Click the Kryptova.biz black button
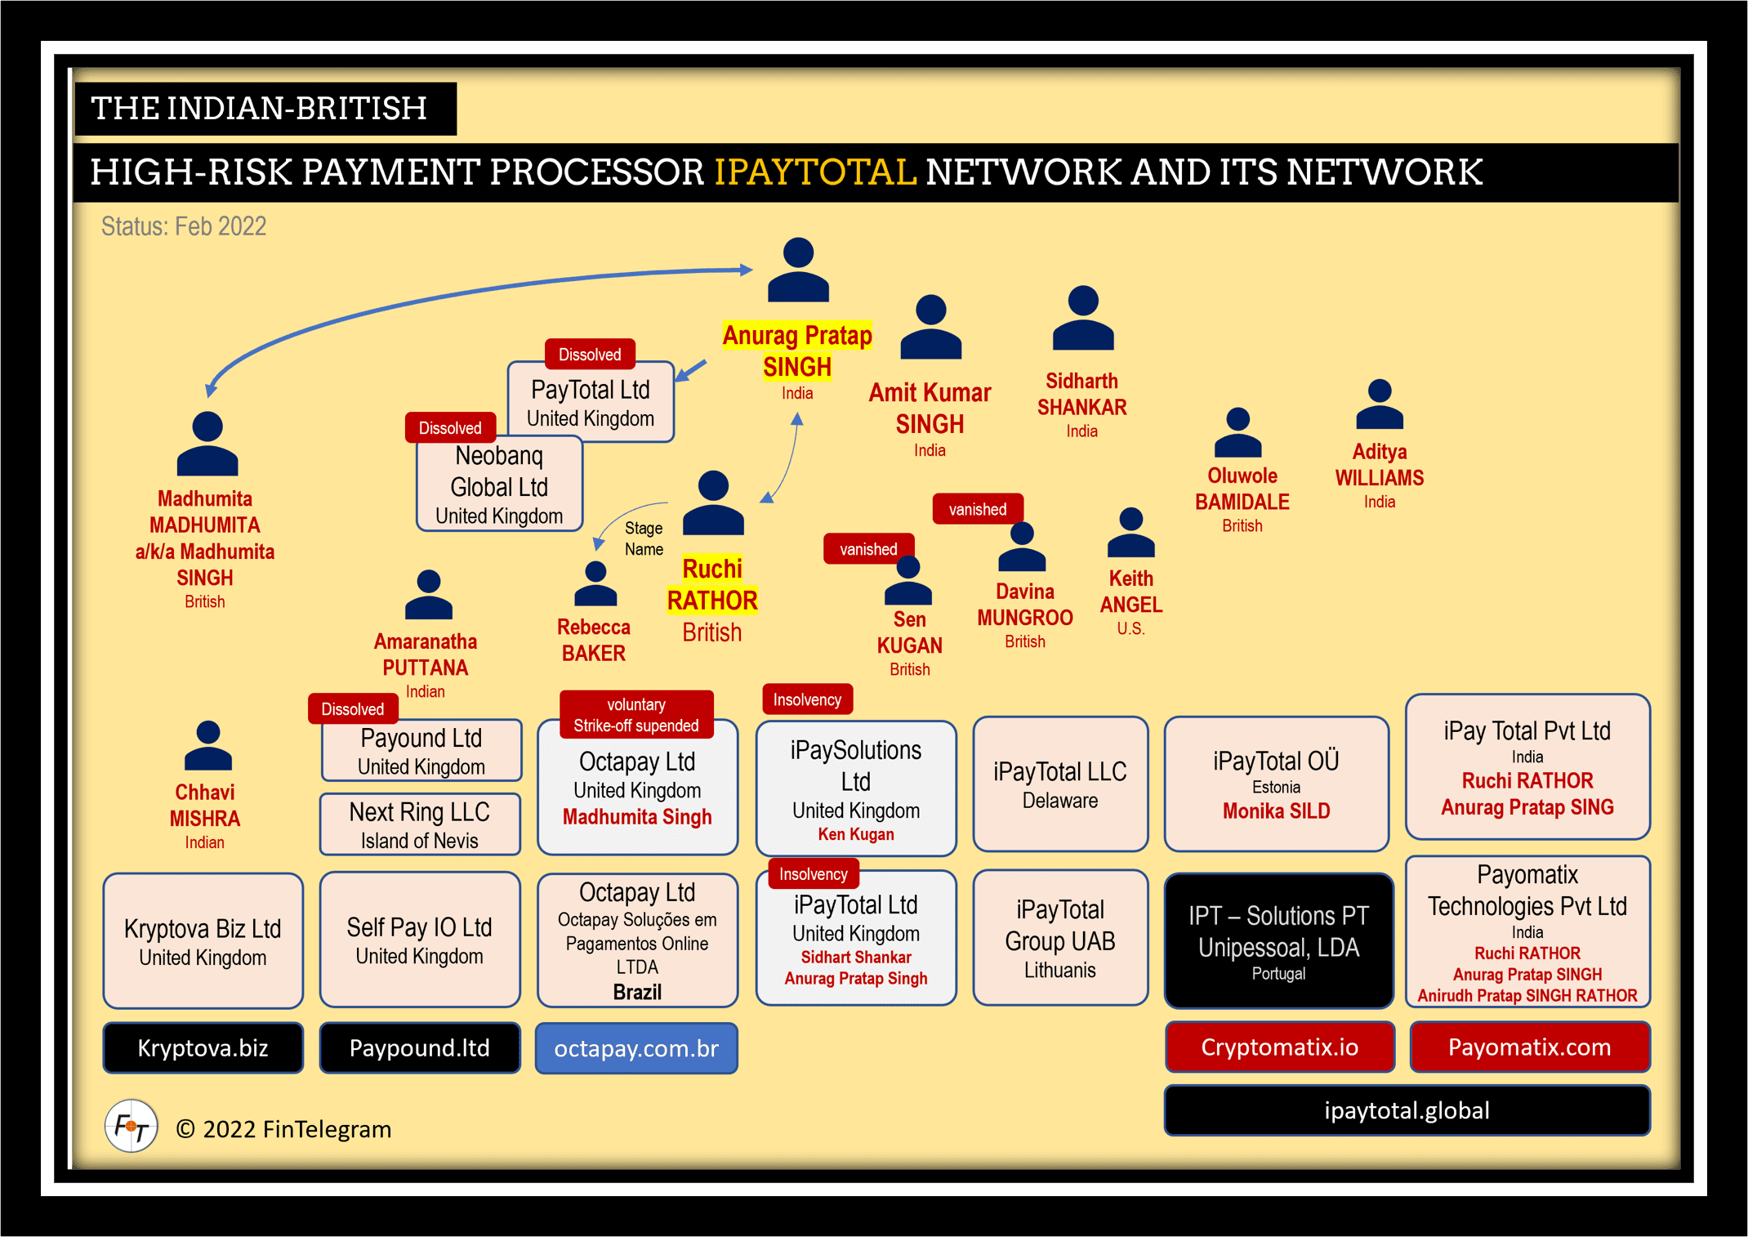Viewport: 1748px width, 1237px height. point(203,1047)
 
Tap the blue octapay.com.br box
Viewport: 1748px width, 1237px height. point(636,1047)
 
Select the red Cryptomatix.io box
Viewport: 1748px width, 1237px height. point(1279,1047)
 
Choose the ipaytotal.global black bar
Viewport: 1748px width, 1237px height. point(1407,1110)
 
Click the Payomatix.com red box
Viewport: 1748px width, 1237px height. point(1529,1047)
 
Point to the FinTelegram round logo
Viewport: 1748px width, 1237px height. point(131,1127)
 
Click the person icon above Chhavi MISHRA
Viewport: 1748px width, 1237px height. point(208,746)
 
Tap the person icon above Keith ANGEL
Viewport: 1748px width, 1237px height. point(1130,533)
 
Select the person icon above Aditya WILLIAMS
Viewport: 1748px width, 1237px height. point(1379,404)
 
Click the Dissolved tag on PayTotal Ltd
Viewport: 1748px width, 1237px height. point(590,354)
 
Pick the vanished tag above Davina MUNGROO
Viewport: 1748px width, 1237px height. point(978,509)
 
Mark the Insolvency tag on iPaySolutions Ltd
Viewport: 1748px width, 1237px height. point(807,699)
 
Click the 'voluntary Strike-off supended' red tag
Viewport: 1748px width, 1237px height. point(636,715)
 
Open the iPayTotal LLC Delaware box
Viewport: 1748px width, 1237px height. point(1060,784)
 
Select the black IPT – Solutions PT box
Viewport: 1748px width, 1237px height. point(1278,940)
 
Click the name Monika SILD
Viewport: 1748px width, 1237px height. point(1276,811)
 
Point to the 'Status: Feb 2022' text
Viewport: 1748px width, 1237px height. point(184,226)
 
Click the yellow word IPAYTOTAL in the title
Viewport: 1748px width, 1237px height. point(815,172)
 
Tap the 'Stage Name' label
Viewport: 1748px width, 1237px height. point(644,538)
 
